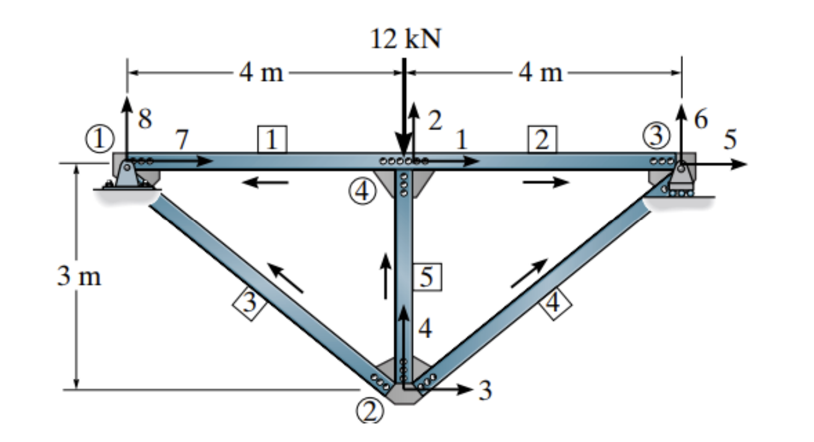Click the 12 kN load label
click(407, 40)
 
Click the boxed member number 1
click(271, 140)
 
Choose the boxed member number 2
click(541, 140)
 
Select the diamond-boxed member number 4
click(554, 304)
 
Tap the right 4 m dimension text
click(540, 74)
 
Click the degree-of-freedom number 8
click(145, 119)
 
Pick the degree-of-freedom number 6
click(701, 119)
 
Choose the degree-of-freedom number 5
click(731, 140)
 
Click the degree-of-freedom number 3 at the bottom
click(485, 391)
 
